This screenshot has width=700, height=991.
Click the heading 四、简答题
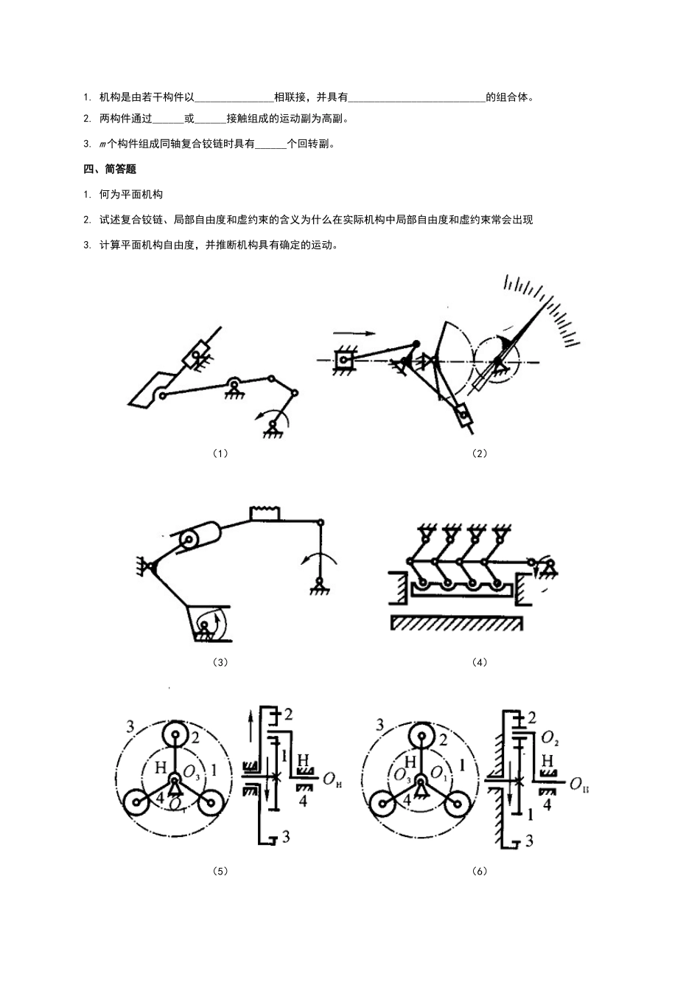tap(110, 169)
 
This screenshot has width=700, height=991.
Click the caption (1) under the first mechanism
tap(220, 453)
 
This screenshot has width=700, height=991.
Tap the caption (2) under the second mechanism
tap(480, 453)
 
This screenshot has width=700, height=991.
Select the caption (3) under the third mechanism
tap(220, 662)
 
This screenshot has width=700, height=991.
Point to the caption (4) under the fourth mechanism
tap(480, 662)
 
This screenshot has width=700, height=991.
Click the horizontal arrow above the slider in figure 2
tap(354, 333)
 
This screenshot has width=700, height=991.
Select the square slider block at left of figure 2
tap(343, 359)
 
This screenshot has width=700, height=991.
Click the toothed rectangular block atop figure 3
tap(265, 513)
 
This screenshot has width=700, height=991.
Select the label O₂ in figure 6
tap(550, 738)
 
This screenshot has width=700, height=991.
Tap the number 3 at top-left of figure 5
tap(130, 726)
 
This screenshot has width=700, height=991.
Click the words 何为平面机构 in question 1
tap(131, 194)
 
